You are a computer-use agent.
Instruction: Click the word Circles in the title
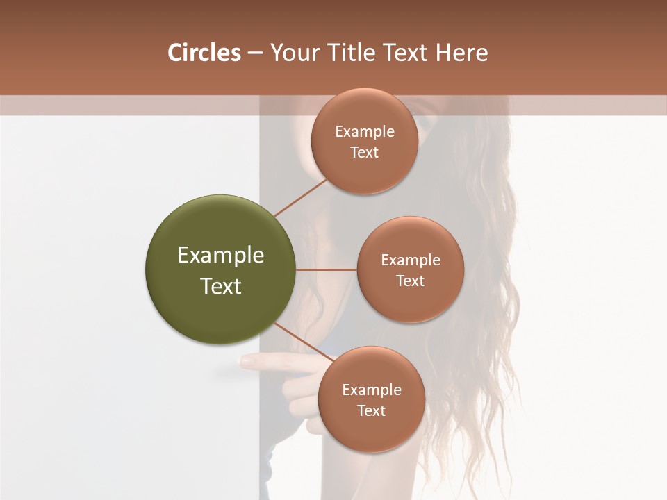pos(204,53)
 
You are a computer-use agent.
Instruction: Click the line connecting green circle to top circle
pos(301,198)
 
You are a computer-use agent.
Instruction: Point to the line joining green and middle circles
pos(327,269)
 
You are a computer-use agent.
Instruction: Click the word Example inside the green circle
pos(221,256)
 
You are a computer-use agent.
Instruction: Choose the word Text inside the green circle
pos(221,286)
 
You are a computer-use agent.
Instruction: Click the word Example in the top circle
pos(365,132)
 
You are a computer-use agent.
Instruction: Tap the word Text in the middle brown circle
pos(410,281)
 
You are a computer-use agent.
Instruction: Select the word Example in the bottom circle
pos(372,390)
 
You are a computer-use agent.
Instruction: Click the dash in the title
pos(255,53)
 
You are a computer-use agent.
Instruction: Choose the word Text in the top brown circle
pos(365,153)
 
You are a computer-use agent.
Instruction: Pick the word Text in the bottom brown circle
pos(372,411)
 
